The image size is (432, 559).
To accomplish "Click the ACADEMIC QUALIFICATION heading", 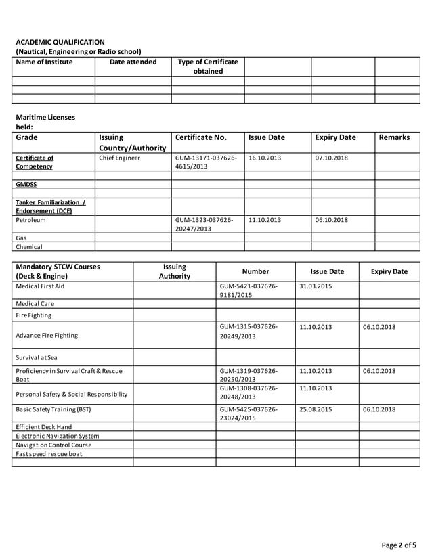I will click(60, 42).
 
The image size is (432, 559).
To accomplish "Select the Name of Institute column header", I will click(44, 62).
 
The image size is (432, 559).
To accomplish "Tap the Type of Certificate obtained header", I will click(207, 66).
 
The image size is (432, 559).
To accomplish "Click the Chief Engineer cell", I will click(120, 158).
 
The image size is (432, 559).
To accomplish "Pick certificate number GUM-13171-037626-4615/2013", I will click(206, 163).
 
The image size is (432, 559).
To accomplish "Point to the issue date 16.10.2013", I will click(265, 158).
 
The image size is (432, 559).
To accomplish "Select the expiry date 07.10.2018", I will click(332, 158).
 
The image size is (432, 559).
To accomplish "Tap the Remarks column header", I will click(394, 137).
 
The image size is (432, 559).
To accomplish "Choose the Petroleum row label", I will click(31, 220).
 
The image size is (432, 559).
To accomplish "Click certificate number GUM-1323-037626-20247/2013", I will click(204, 225).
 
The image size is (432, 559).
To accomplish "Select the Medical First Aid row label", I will click(43, 287).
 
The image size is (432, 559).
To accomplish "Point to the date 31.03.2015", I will click(315, 287).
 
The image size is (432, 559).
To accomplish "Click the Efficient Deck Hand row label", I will click(43, 428).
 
